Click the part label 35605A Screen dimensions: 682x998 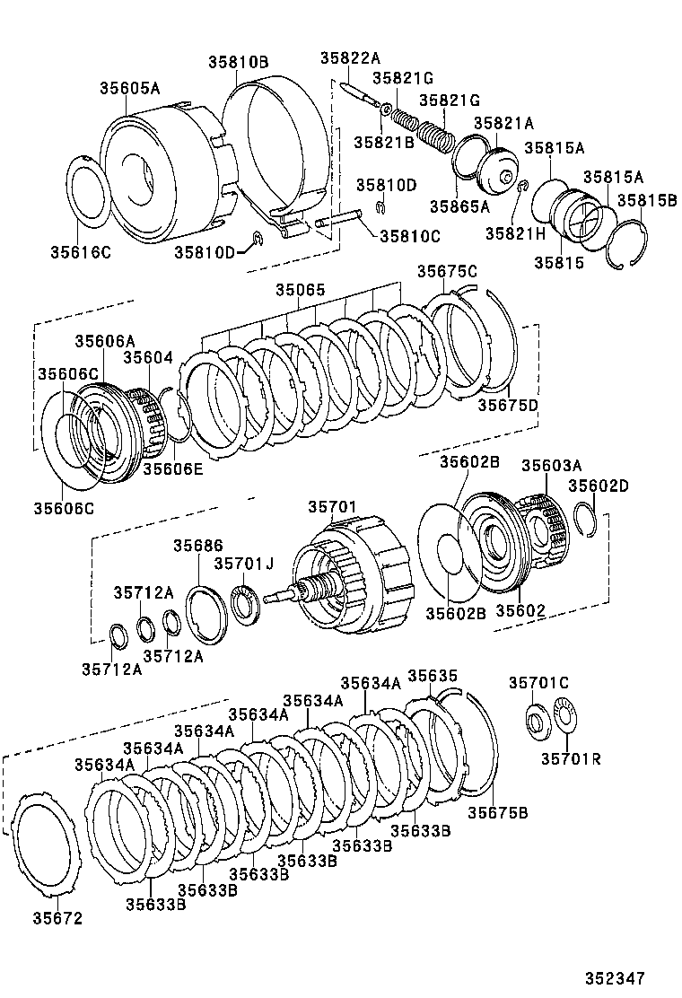tap(130, 88)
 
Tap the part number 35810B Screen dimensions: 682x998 tap(239, 62)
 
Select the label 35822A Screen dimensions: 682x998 tap(350, 58)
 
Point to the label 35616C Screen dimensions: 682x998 tap(81, 252)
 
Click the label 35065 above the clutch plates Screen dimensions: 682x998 tap(301, 290)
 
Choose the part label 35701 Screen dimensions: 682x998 tap(332, 507)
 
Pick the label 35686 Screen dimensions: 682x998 tap(198, 546)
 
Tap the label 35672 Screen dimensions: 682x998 tap(58, 918)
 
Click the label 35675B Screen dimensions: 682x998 tap(498, 813)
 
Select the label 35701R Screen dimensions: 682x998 tap(572, 758)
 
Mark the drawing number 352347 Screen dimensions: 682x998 tap(616, 977)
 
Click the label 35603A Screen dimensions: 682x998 tap(552, 465)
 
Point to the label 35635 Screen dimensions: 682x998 tap(433, 675)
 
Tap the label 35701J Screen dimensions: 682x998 tap(244, 564)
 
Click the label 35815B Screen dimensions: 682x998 tap(647, 200)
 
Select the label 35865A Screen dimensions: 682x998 tap(459, 206)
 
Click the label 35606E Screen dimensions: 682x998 tap(173, 469)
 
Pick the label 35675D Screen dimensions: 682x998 tap(508, 405)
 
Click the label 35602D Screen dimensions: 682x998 tap(599, 486)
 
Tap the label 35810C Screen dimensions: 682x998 tap(410, 236)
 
